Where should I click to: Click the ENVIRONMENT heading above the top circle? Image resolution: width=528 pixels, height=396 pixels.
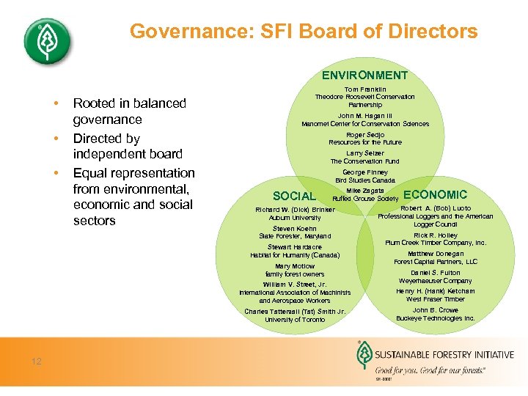tap(364, 75)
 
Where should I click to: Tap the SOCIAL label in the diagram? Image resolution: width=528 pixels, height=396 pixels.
tap(294, 196)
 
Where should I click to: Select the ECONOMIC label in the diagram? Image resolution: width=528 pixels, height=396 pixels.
tap(435, 194)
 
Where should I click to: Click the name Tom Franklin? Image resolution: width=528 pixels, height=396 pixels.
tap(364, 89)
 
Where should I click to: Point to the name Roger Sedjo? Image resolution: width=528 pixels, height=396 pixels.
tap(365, 135)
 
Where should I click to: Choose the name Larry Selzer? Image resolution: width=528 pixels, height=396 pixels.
tap(364, 153)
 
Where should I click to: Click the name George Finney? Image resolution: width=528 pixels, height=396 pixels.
tap(365, 172)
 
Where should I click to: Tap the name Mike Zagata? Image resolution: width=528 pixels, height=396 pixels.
tap(365, 191)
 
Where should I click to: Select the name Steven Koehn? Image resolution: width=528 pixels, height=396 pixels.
tap(295, 228)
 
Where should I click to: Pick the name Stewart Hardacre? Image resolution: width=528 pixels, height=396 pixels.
tap(295, 247)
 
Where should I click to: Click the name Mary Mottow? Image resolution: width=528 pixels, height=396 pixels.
tap(295, 266)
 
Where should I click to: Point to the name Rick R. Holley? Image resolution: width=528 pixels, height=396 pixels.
tap(436, 235)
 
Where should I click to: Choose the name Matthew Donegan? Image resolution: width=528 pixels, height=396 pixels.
tap(436, 254)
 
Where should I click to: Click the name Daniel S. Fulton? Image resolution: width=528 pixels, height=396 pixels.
tap(436, 273)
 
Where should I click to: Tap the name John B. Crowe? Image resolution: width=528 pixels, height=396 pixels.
tap(436, 310)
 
